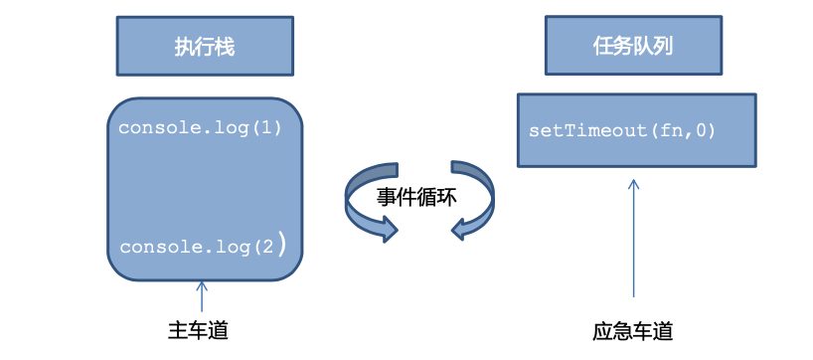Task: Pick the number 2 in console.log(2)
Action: pos(265,247)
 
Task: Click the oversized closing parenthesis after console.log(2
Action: pos(281,245)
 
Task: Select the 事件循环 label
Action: pos(416,196)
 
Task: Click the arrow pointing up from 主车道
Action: pos(202,296)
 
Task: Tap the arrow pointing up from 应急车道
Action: pos(634,239)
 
